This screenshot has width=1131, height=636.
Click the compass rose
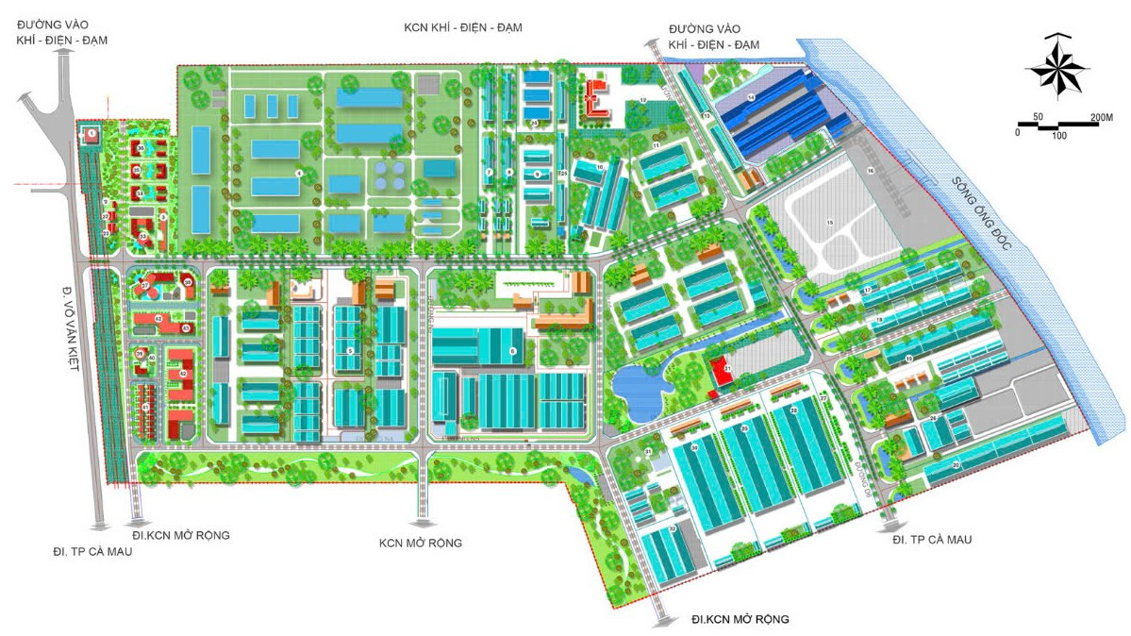(x=1056, y=65)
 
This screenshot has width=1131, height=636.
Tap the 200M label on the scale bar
(x=1102, y=116)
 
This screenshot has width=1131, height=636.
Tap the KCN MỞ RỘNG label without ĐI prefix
(x=420, y=543)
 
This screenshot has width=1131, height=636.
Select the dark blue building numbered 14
(x=752, y=98)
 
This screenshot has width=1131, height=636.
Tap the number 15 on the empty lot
(x=830, y=223)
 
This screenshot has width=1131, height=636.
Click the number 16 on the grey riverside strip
(x=871, y=170)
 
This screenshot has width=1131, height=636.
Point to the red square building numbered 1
(x=91, y=135)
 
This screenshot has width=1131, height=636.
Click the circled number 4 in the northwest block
(x=298, y=173)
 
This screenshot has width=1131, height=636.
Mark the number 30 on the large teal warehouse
(x=694, y=447)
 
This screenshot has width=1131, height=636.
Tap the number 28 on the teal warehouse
(x=793, y=411)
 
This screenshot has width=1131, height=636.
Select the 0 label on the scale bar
(x=1017, y=132)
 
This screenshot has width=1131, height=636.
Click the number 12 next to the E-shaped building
(x=641, y=99)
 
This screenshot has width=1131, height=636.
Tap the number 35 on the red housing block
(x=140, y=149)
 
